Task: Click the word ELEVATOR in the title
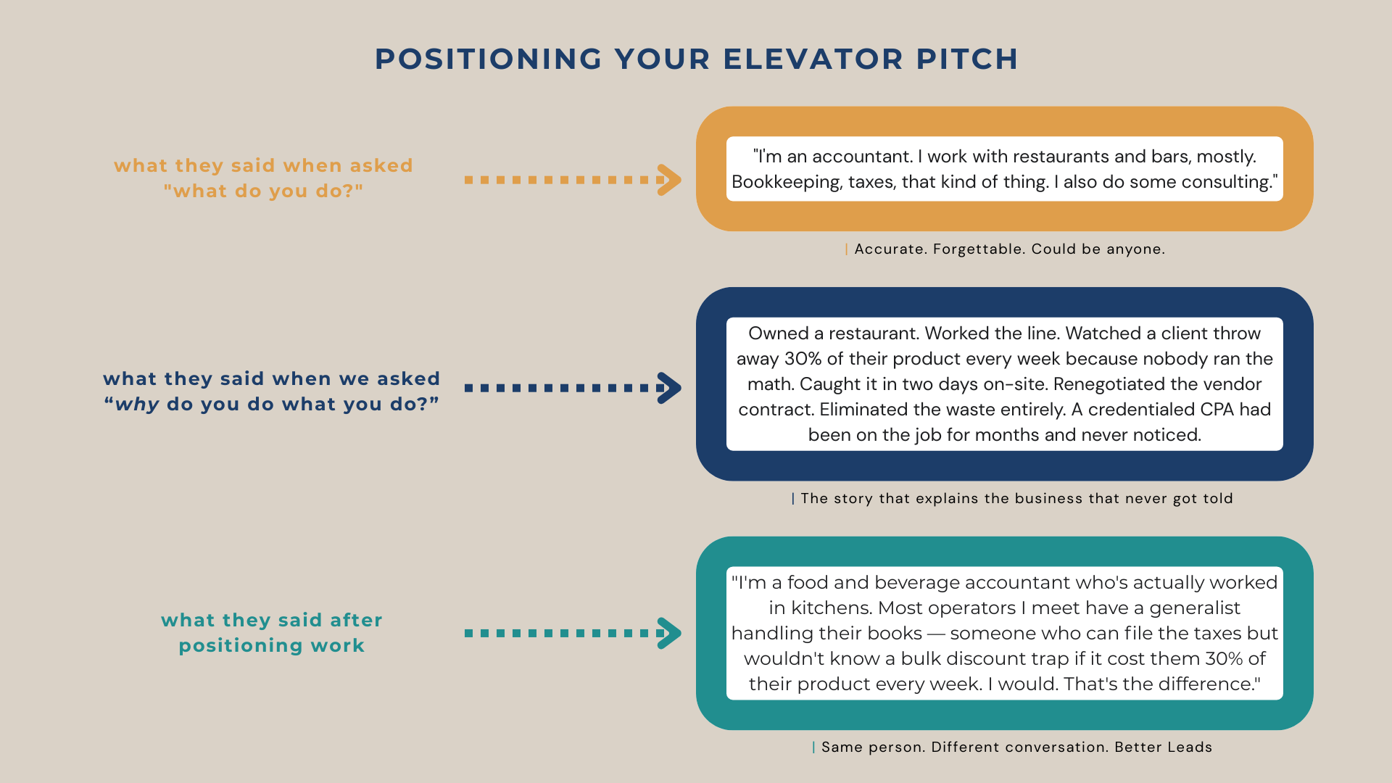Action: [813, 59]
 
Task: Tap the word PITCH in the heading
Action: [967, 59]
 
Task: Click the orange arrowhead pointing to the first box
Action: [669, 180]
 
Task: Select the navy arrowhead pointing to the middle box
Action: [669, 388]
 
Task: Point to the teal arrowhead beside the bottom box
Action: [669, 633]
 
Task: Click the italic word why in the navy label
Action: [137, 405]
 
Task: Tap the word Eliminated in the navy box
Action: [861, 410]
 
